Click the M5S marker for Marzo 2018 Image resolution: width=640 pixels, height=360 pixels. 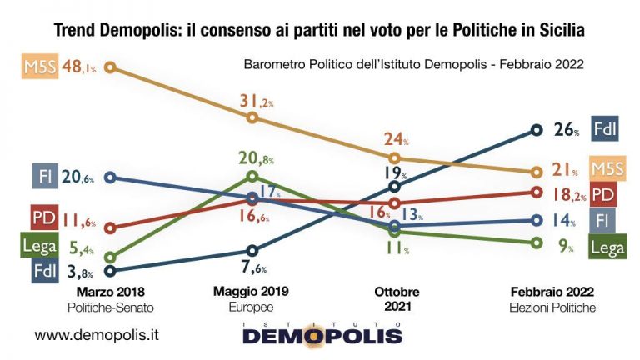click(x=111, y=67)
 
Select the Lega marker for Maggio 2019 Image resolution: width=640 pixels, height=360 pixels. click(x=253, y=176)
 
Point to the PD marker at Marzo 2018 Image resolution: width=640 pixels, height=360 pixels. click(x=111, y=227)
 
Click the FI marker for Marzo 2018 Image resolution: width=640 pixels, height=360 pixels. click(x=111, y=177)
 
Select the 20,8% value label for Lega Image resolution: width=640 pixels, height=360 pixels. click(x=256, y=158)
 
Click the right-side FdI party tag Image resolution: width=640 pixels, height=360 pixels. click(x=605, y=129)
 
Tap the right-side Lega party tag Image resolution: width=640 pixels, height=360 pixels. click(x=607, y=247)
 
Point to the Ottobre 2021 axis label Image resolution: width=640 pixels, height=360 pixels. click(x=396, y=298)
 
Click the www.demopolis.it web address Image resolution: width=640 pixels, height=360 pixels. click(x=97, y=335)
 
